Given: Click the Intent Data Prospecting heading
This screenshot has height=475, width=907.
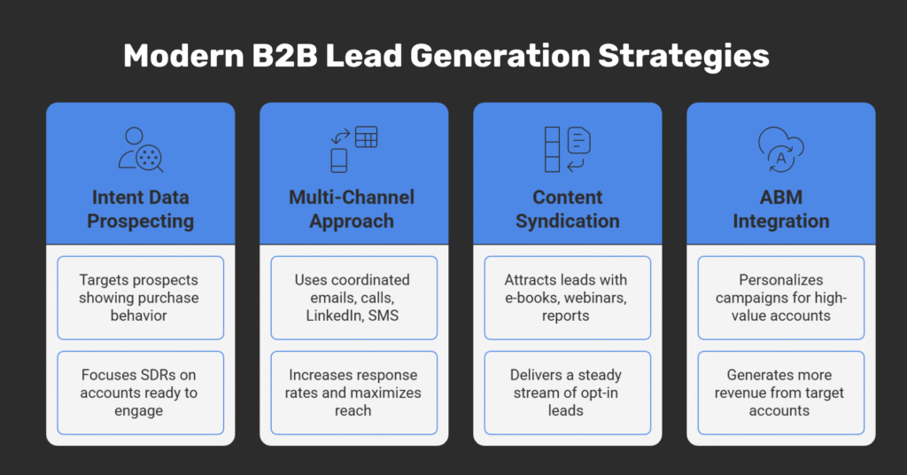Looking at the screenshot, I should click(140, 208).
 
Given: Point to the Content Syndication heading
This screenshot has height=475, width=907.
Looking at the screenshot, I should click(568, 208).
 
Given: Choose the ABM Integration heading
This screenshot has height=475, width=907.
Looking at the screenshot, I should click(781, 208).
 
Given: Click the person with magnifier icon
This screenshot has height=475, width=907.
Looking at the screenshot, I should click(141, 150).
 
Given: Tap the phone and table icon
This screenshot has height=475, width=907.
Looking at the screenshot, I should click(353, 150).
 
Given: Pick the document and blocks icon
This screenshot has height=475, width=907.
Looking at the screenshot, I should click(568, 150).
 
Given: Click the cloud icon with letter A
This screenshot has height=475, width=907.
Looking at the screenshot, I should click(780, 150).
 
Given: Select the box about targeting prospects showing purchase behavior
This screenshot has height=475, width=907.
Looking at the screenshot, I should click(140, 298).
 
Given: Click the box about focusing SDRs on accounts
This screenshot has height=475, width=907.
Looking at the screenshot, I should click(140, 393).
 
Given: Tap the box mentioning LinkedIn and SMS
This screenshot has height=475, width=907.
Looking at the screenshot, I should click(353, 298).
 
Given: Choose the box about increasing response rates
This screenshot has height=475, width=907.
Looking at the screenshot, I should click(353, 393).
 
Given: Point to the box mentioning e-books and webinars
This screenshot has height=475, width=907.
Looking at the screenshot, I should click(568, 298).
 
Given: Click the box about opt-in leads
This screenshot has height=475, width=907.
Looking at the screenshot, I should click(568, 393).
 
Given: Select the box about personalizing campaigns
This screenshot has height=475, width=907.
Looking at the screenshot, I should click(781, 298).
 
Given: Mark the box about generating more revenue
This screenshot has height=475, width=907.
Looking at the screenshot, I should click(781, 393).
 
